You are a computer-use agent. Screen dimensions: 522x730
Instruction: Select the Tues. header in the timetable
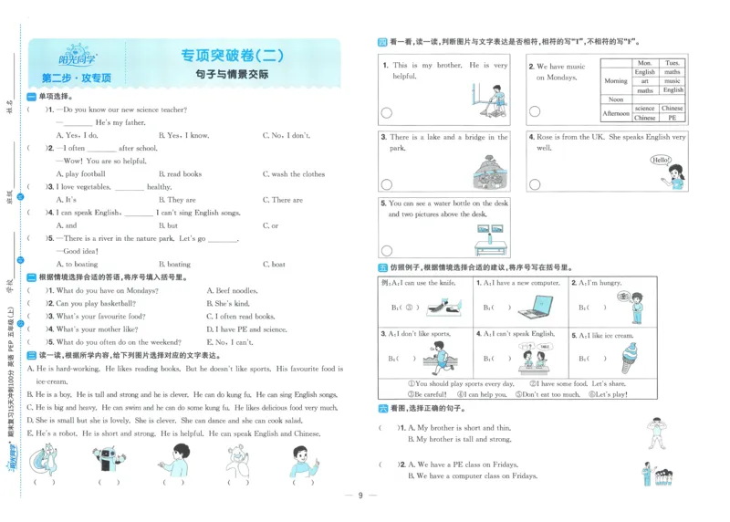click(x=673, y=63)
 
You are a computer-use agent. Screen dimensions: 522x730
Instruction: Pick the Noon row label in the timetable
click(x=616, y=99)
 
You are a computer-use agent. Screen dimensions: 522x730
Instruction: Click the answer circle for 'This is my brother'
click(x=386, y=112)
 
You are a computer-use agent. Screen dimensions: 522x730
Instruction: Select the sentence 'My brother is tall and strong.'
click(x=459, y=439)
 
